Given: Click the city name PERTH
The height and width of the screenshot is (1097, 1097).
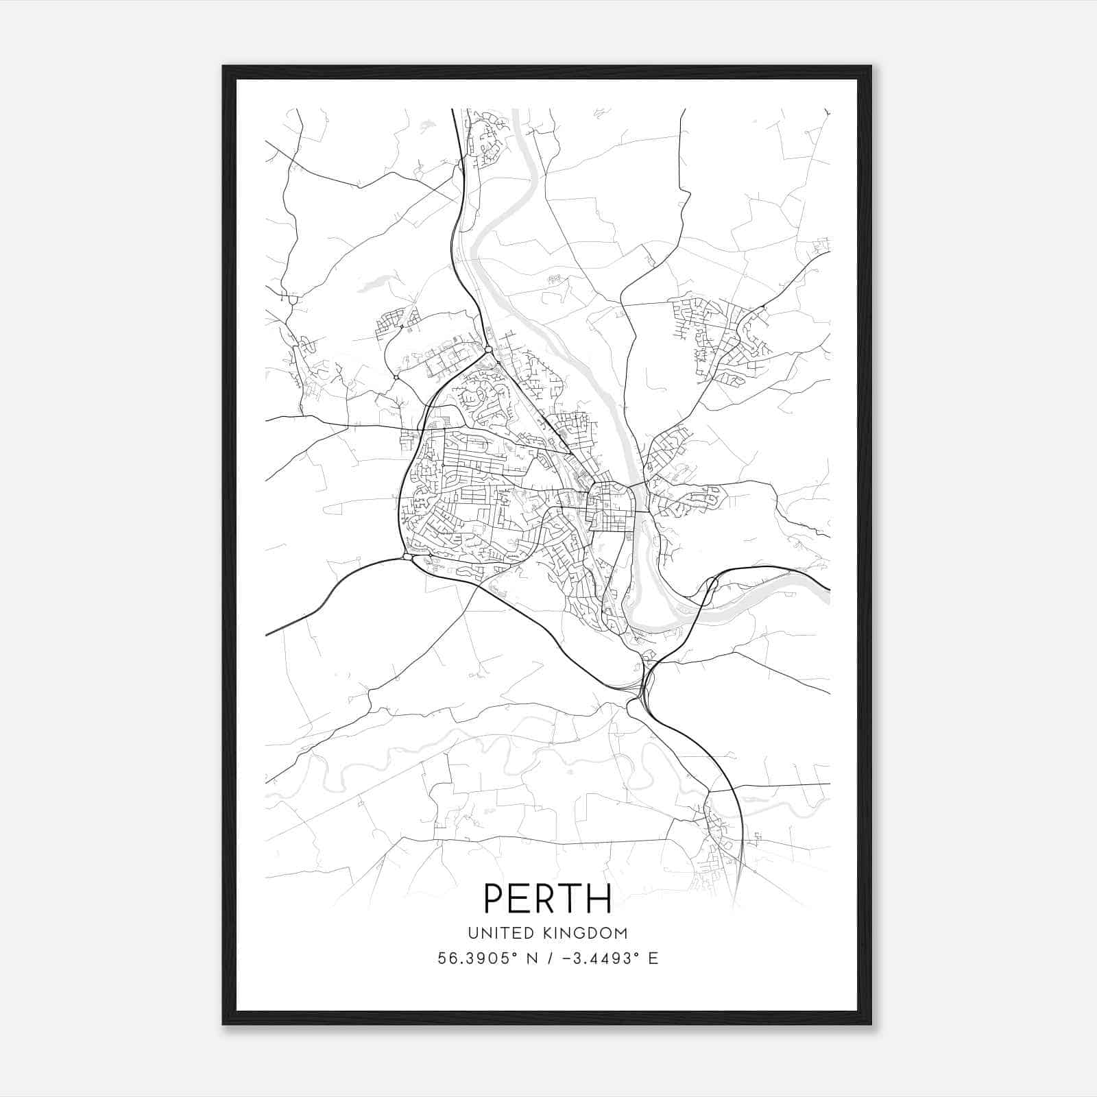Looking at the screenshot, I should pyautogui.click(x=548, y=898).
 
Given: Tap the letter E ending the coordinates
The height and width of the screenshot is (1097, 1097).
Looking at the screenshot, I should pyautogui.click(x=653, y=959).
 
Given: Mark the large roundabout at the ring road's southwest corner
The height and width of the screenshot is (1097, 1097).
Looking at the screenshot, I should pyautogui.click(x=408, y=557).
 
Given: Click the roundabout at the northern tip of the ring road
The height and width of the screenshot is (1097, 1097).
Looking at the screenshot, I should pyautogui.click(x=487, y=350).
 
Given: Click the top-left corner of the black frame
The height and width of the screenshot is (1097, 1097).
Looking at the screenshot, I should pyautogui.click(x=224, y=67).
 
